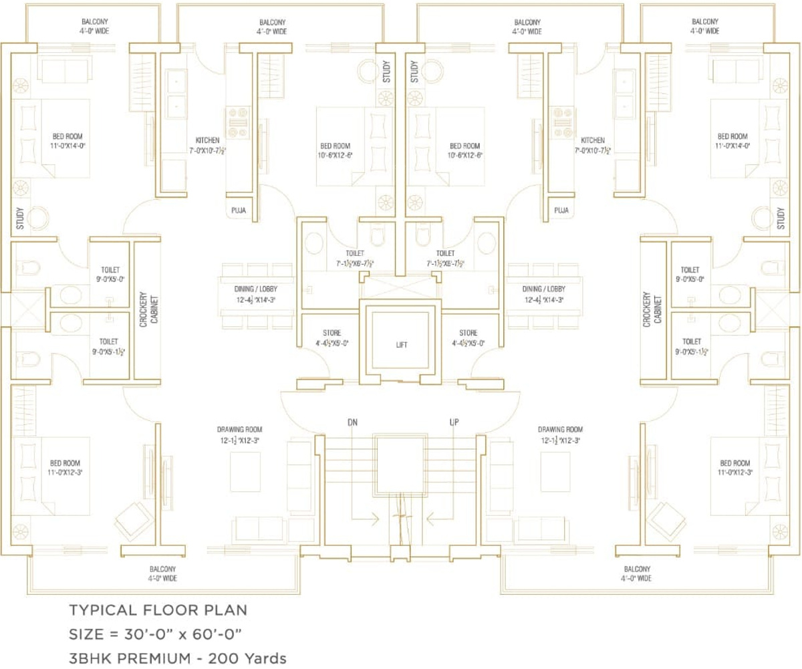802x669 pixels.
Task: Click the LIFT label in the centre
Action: (x=401, y=345)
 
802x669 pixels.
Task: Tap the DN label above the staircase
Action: (x=352, y=422)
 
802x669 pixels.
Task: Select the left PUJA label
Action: (x=239, y=210)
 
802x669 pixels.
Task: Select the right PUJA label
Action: (x=561, y=210)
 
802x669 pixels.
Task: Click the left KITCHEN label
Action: (x=207, y=140)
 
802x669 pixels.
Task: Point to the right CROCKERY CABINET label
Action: (x=652, y=308)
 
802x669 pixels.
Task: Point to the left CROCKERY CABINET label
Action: (x=148, y=308)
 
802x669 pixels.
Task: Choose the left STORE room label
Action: (x=331, y=333)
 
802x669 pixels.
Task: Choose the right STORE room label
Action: (x=468, y=333)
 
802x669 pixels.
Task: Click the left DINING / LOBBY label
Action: (x=255, y=289)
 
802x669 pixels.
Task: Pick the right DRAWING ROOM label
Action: (x=560, y=429)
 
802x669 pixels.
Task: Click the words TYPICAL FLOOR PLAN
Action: (x=158, y=610)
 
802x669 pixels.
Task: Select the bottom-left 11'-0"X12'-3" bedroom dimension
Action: (x=65, y=472)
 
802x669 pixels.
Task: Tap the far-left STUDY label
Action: (x=20, y=219)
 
